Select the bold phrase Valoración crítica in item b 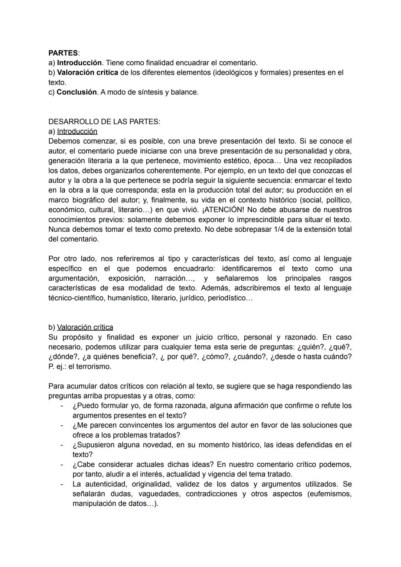tap(87, 73)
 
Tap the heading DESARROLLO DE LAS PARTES tap(104, 122)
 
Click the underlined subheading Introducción tap(77, 131)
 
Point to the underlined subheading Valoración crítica tap(85, 327)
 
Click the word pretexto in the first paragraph tap(188, 229)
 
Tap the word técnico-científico tap(76, 298)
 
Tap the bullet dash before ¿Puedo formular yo tap(62, 406)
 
